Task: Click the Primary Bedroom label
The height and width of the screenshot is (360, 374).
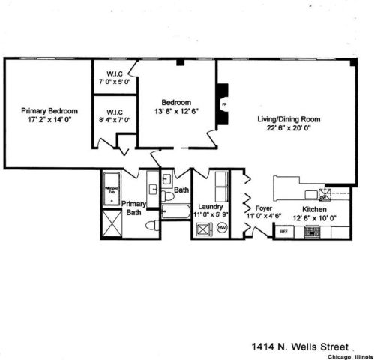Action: click(x=49, y=110)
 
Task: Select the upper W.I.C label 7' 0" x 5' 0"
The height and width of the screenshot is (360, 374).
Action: click(x=115, y=77)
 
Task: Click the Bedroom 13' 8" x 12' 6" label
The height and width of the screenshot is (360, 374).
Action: click(x=177, y=107)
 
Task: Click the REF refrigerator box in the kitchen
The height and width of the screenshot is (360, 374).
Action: click(x=283, y=232)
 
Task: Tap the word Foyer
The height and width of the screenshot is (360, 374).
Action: click(x=262, y=209)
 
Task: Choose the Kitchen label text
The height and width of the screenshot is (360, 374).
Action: click(x=314, y=209)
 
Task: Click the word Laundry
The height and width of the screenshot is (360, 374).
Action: click(x=209, y=206)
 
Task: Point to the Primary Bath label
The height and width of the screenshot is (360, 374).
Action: click(x=134, y=208)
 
